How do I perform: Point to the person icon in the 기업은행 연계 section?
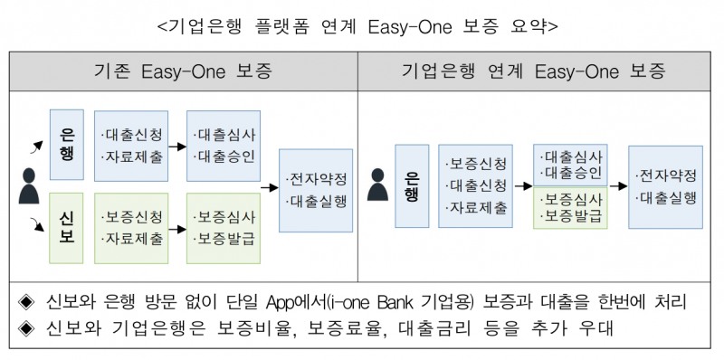click(378, 186)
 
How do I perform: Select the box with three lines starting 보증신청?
click(476, 186)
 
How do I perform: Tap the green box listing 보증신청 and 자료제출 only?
click(134, 228)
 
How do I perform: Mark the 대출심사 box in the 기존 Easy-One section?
click(224, 146)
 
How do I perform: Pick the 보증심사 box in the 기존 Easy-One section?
click(224, 228)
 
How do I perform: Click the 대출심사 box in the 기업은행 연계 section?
click(569, 164)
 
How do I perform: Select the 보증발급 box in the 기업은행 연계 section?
click(569, 208)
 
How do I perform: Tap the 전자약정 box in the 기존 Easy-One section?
click(316, 189)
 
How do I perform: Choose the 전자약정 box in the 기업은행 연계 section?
click(664, 186)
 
